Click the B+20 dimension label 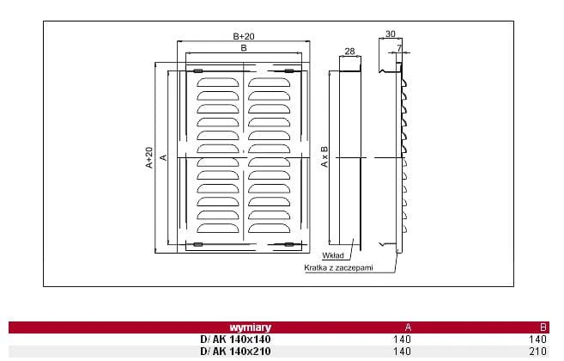[x=244, y=36]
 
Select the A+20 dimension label [x=149, y=157]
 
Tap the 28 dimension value [x=349, y=52]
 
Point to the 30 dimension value [x=391, y=34]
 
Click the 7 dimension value [x=399, y=48]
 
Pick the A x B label [x=324, y=156]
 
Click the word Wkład [x=333, y=255]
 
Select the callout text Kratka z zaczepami [x=338, y=267]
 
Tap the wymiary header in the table [x=251, y=327]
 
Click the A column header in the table [x=408, y=327]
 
